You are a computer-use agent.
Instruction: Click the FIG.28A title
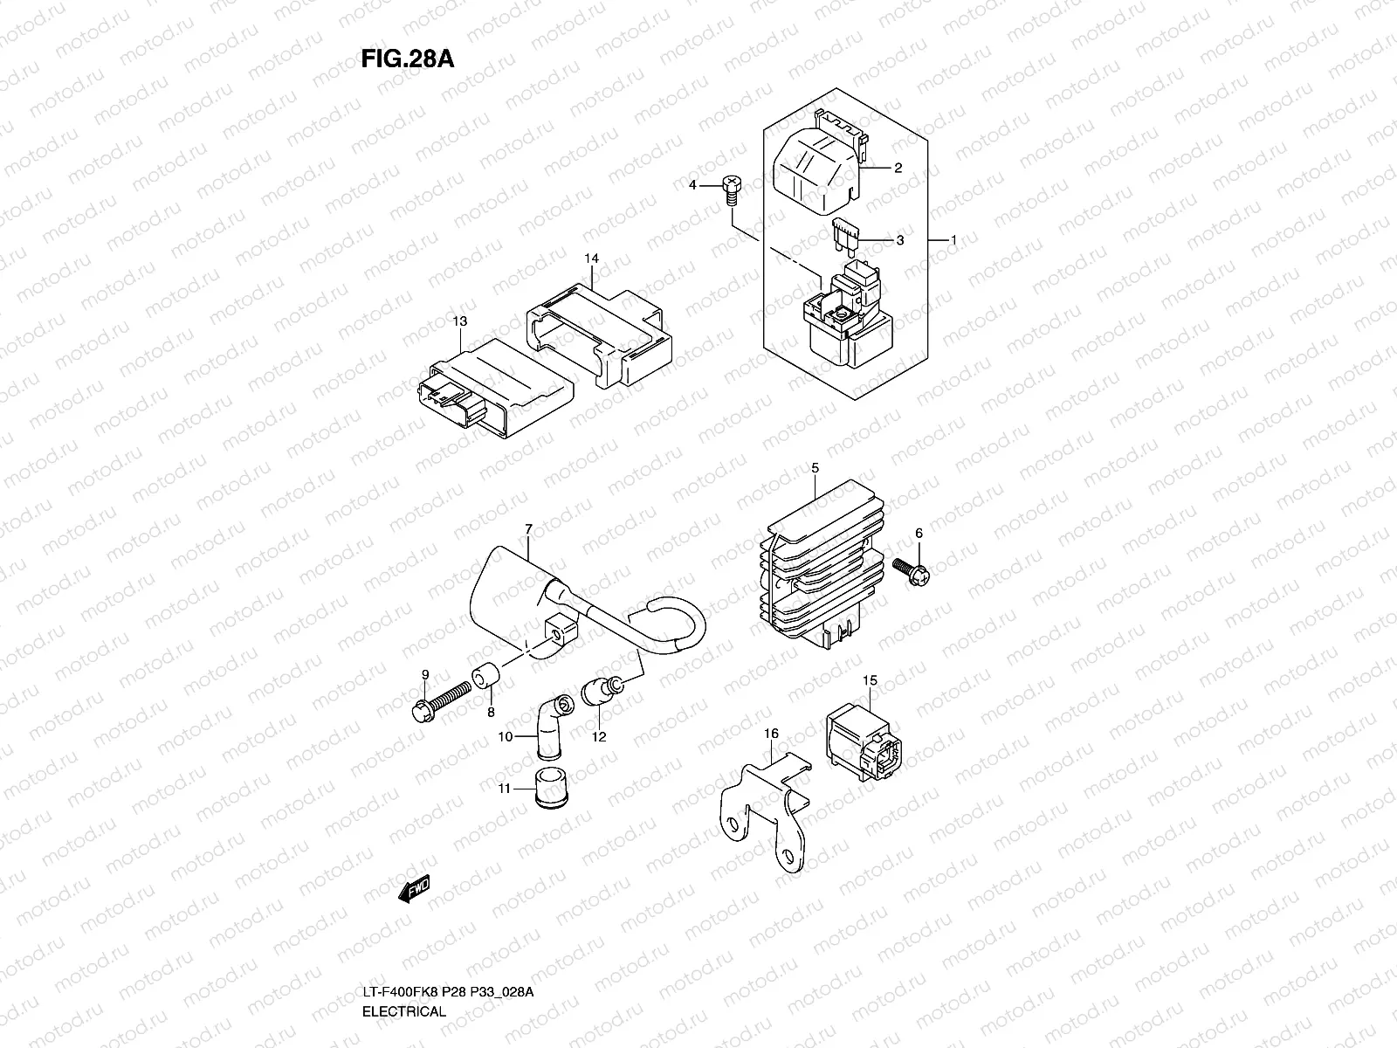[406, 59]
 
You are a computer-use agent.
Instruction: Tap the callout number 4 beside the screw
[692, 185]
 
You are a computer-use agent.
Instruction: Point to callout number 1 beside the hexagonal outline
[954, 239]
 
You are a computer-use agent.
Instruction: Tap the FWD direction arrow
[413, 890]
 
